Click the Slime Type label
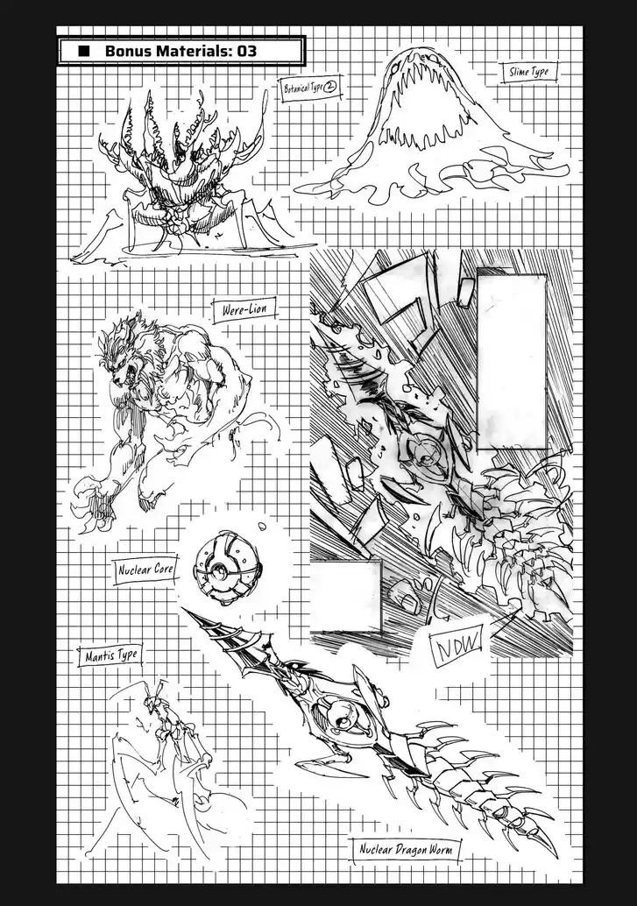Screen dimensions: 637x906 528,72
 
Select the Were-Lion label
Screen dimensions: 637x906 244,309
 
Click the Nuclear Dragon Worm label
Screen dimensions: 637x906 406,850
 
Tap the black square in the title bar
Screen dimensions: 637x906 84,51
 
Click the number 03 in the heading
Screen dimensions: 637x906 245,51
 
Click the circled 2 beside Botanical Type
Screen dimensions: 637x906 329,88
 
